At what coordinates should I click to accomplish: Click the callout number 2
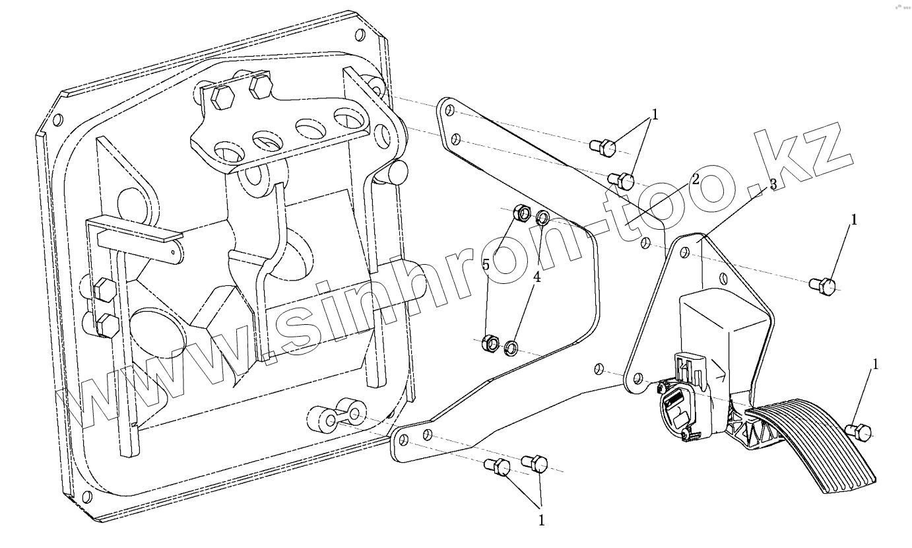[695, 178]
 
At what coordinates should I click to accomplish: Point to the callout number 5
[486, 265]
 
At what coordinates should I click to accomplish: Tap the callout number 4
[537, 277]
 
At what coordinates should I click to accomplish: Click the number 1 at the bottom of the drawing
[541, 520]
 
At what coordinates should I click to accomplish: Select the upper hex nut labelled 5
[520, 213]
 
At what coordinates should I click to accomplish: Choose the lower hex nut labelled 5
[490, 343]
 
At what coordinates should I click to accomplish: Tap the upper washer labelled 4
[542, 217]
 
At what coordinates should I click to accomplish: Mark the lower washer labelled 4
[511, 347]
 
